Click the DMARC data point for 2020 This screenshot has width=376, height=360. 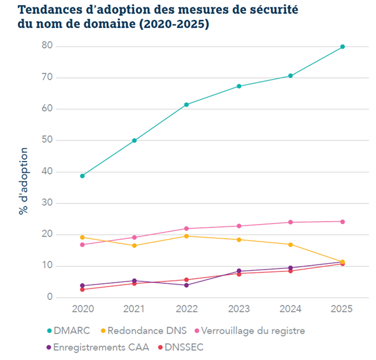tap(82, 176)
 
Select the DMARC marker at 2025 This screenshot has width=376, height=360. tap(343, 47)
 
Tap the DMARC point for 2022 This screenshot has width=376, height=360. tap(187, 105)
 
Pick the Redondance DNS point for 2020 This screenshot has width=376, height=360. tap(82, 237)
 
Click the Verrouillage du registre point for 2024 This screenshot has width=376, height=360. tap(290, 222)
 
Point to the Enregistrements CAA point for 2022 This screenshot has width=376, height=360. tap(187, 285)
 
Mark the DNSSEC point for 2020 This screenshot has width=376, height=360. tap(82, 289)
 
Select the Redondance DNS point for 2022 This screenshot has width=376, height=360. tap(187, 236)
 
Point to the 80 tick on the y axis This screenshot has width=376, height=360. tap(46, 47)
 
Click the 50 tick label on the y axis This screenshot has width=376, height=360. tap(46, 140)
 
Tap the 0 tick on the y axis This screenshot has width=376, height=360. tap(48, 298)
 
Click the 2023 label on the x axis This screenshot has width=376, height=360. tap(239, 309)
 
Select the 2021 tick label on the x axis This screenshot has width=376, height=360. tap(134, 309)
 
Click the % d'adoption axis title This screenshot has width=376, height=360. tap(23, 182)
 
